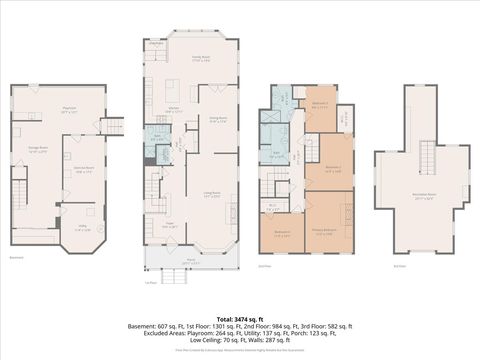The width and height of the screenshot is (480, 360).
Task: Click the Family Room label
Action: coord(200,59)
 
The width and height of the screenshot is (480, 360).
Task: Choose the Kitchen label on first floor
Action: coord(173,108)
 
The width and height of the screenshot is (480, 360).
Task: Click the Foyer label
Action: coord(169,225)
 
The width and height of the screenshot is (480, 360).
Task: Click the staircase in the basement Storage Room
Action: coord(19,190)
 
